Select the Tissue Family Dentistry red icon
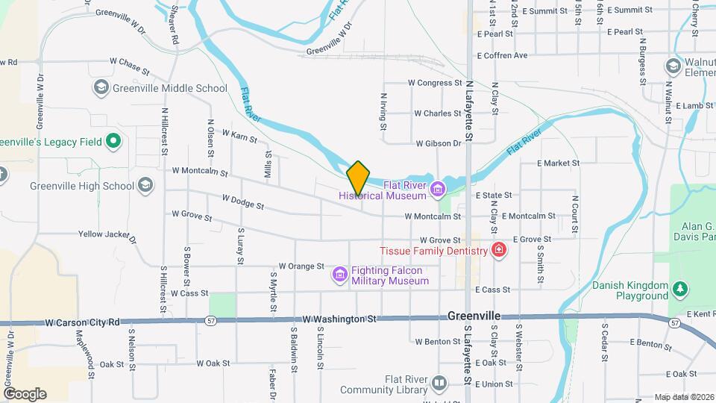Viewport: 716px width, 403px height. (x=498, y=250)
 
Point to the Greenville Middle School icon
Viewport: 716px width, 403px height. (x=101, y=88)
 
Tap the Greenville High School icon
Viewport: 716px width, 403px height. (x=145, y=186)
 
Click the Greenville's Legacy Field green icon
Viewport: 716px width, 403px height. (x=113, y=140)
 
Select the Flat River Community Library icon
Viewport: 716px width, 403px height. (x=439, y=384)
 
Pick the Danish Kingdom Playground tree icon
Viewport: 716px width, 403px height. (x=679, y=288)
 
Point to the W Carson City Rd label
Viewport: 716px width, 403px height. (x=82, y=323)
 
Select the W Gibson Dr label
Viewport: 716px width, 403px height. (x=439, y=143)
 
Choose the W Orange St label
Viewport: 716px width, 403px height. (x=301, y=266)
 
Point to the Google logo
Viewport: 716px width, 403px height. (x=25, y=394)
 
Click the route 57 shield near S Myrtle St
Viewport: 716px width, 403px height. (x=212, y=320)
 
